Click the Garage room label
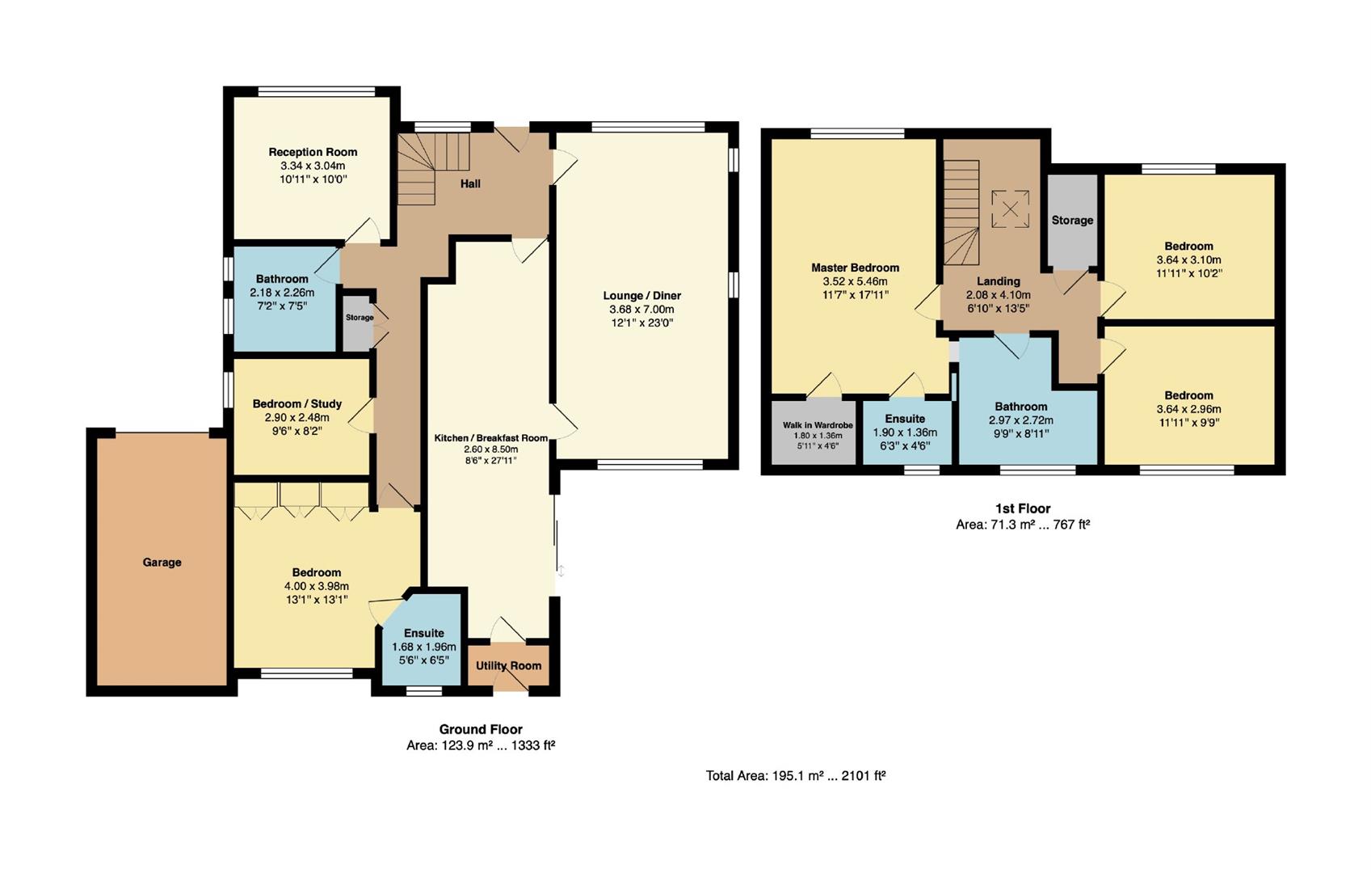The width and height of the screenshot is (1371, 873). [162, 562]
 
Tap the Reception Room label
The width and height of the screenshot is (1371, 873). [313, 152]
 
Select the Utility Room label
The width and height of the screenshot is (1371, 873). [509, 665]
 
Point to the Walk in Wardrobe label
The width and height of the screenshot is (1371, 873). [818, 425]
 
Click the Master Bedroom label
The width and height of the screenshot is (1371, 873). [855, 268]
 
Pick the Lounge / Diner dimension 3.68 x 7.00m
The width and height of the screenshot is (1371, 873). [642, 309]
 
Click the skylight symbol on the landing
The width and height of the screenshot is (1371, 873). [1010, 209]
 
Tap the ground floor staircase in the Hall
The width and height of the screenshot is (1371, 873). [434, 168]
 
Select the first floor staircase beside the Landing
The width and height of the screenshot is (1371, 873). [961, 213]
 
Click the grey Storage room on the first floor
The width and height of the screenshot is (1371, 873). [1072, 221]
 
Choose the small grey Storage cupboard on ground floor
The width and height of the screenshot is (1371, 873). [358, 323]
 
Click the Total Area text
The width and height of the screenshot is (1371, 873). [796, 776]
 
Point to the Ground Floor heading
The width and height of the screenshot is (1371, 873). [481, 729]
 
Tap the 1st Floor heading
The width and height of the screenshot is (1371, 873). [1023, 508]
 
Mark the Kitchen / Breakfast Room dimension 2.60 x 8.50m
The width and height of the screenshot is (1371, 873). [491, 449]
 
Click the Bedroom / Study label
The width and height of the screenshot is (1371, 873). [296, 404]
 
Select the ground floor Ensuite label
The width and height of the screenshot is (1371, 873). [424, 633]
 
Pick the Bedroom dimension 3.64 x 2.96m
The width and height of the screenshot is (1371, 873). [1188, 409]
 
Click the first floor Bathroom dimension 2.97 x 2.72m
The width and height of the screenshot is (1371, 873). [1021, 420]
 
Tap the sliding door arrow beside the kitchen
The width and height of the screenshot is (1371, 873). [561, 571]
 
